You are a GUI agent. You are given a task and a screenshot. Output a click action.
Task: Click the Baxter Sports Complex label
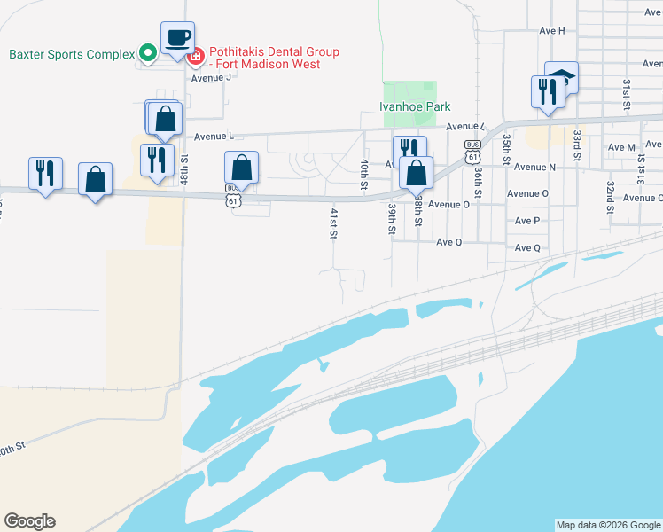coord(71,53)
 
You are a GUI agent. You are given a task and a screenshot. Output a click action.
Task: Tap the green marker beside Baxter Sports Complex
coord(149,53)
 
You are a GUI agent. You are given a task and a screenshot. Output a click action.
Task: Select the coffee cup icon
coord(177,38)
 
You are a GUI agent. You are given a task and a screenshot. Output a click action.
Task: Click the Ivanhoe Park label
coord(415,106)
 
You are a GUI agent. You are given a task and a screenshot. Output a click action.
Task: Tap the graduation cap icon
coord(561,78)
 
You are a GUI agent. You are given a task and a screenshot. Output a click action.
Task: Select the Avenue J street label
coord(211,77)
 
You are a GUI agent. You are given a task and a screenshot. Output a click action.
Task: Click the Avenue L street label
coord(213,137)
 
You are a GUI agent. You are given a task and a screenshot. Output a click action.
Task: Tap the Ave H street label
coord(551,30)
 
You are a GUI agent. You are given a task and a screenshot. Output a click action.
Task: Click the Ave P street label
coord(526,221)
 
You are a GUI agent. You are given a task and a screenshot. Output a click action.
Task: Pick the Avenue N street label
coord(534,167)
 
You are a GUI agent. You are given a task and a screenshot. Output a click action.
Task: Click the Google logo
coord(29,521)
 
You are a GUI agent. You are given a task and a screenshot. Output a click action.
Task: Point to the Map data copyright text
coord(607,525)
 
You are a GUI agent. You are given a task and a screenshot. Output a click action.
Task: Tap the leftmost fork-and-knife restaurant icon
coord(44,172)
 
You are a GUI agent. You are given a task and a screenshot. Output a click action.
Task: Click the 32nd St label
coord(611,192)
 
